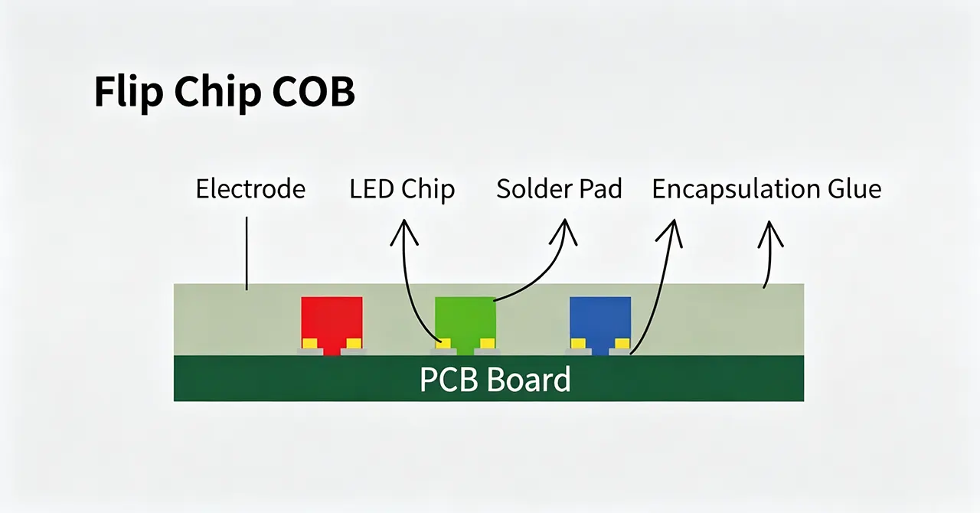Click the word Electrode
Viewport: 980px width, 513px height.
pyautogui.click(x=250, y=189)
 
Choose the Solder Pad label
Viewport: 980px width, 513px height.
pyautogui.click(x=559, y=189)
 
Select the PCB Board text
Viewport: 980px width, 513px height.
pyautogui.click(x=495, y=380)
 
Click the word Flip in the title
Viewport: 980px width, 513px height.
pyautogui.click(x=129, y=93)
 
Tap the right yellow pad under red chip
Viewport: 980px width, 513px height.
pyautogui.click(x=354, y=344)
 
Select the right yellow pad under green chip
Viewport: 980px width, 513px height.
pyautogui.click(x=488, y=344)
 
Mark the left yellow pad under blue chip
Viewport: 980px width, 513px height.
pyautogui.click(x=578, y=344)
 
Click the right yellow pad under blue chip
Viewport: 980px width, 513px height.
pyautogui.click(x=622, y=344)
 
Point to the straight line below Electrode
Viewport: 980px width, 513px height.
pyautogui.click(x=247, y=253)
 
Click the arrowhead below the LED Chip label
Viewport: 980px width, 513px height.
pyautogui.click(x=404, y=231)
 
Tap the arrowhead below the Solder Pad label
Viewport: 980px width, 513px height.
pyautogui.click(x=564, y=231)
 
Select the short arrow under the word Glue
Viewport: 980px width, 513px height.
pyautogui.click(x=769, y=254)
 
